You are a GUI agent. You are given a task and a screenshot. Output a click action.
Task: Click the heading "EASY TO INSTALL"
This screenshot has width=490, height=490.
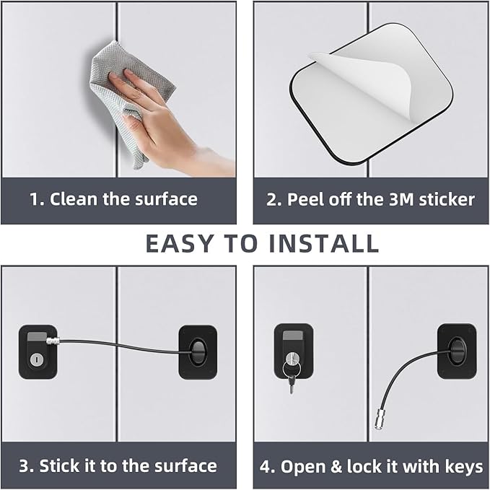262,244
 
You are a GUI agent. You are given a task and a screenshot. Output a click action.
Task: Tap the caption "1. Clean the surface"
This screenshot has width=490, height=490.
113,199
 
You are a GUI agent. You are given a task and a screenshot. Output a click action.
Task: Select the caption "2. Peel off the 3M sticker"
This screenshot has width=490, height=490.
371,199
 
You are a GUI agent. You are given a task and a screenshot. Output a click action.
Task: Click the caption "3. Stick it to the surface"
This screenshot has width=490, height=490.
117,465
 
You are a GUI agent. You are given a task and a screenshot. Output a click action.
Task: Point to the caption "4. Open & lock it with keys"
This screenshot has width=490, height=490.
371,467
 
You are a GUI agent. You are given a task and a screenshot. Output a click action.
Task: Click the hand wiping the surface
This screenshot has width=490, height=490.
162,115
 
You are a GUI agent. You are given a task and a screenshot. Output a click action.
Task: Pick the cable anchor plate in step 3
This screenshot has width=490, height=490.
197,351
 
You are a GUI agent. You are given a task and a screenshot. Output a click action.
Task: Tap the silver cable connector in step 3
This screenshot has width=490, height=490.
53,341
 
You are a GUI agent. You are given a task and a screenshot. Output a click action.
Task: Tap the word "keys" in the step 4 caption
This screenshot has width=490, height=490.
462,468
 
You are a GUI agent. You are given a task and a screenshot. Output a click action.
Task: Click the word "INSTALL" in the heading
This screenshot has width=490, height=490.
321,244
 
